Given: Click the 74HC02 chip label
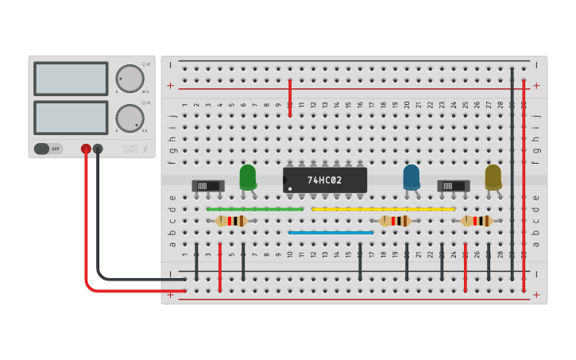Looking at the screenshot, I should pyautogui.click(x=325, y=180).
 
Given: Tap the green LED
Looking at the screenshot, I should pyautogui.click(x=248, y=176).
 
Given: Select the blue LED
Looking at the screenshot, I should pyautogui.click(x=412, y=176).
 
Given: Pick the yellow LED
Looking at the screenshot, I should pyautogui.click(x=493, y=176).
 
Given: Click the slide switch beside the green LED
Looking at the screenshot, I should pyautogui.click(x=208, y=186).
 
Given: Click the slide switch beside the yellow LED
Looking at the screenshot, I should pyautogui.click(x=453, y=186).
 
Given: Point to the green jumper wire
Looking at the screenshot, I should pyautogui.click(x=254, y=209).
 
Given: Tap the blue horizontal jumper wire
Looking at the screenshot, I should pyautogui.click(x=331, y=233).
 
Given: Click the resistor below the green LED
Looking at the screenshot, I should pyautogui.click(x=231, y=221).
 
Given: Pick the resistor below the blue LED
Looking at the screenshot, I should pyautogui.click(x=395, y=221).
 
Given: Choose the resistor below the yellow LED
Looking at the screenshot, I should pyautogui.click(x=477, y=221).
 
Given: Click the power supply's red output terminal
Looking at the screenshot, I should pyautogui.click(x=86, y=149).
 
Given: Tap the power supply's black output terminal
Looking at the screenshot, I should pyautogui.click(x=98, y=149).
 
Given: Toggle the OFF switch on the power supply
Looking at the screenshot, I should pyautogui.click(x=48, y=149).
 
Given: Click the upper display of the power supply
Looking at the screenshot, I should pyautogui.click(x=71, y=79).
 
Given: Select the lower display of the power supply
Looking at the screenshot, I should pyautogui.click(x=71, y=117).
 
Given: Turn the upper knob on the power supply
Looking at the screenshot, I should pyautogui.click(x=130, y=79).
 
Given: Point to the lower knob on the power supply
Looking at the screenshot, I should pyautogui.click(x=130, y=118).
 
